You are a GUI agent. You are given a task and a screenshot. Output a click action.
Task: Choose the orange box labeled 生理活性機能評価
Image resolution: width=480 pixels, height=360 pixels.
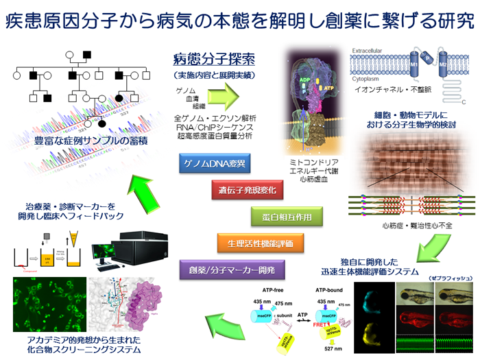[x=250, y=242]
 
